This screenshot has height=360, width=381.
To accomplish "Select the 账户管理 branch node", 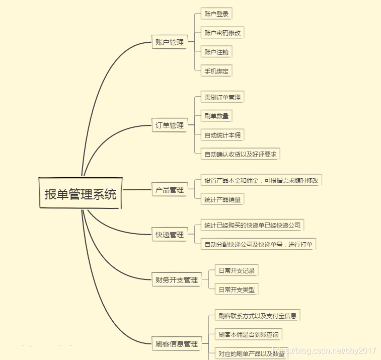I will pos(169,42).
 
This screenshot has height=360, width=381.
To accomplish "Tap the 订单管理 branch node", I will pos(169,125).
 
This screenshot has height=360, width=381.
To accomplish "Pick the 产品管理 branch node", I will pos(169,190).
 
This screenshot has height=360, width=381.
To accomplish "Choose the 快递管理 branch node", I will pos(169,235).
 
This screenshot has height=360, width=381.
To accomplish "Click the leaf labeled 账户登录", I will pos(216,14).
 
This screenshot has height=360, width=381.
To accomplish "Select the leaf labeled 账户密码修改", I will pos(222,33).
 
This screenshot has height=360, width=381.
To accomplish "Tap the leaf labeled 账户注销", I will pos(216,52).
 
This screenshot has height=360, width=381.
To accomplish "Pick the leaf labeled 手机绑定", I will pos(216,71).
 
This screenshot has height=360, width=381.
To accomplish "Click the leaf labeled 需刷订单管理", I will pos(222,97).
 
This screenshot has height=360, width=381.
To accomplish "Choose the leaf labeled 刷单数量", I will pos(216,116).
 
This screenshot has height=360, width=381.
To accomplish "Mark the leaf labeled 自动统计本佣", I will pos(222,135).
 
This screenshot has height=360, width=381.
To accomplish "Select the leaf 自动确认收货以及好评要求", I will pos(240,154).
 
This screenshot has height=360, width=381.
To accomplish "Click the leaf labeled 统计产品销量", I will pos(222,199).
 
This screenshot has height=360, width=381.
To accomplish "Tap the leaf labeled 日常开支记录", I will pos(236,270).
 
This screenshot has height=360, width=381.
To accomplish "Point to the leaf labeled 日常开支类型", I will pos(236,290).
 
